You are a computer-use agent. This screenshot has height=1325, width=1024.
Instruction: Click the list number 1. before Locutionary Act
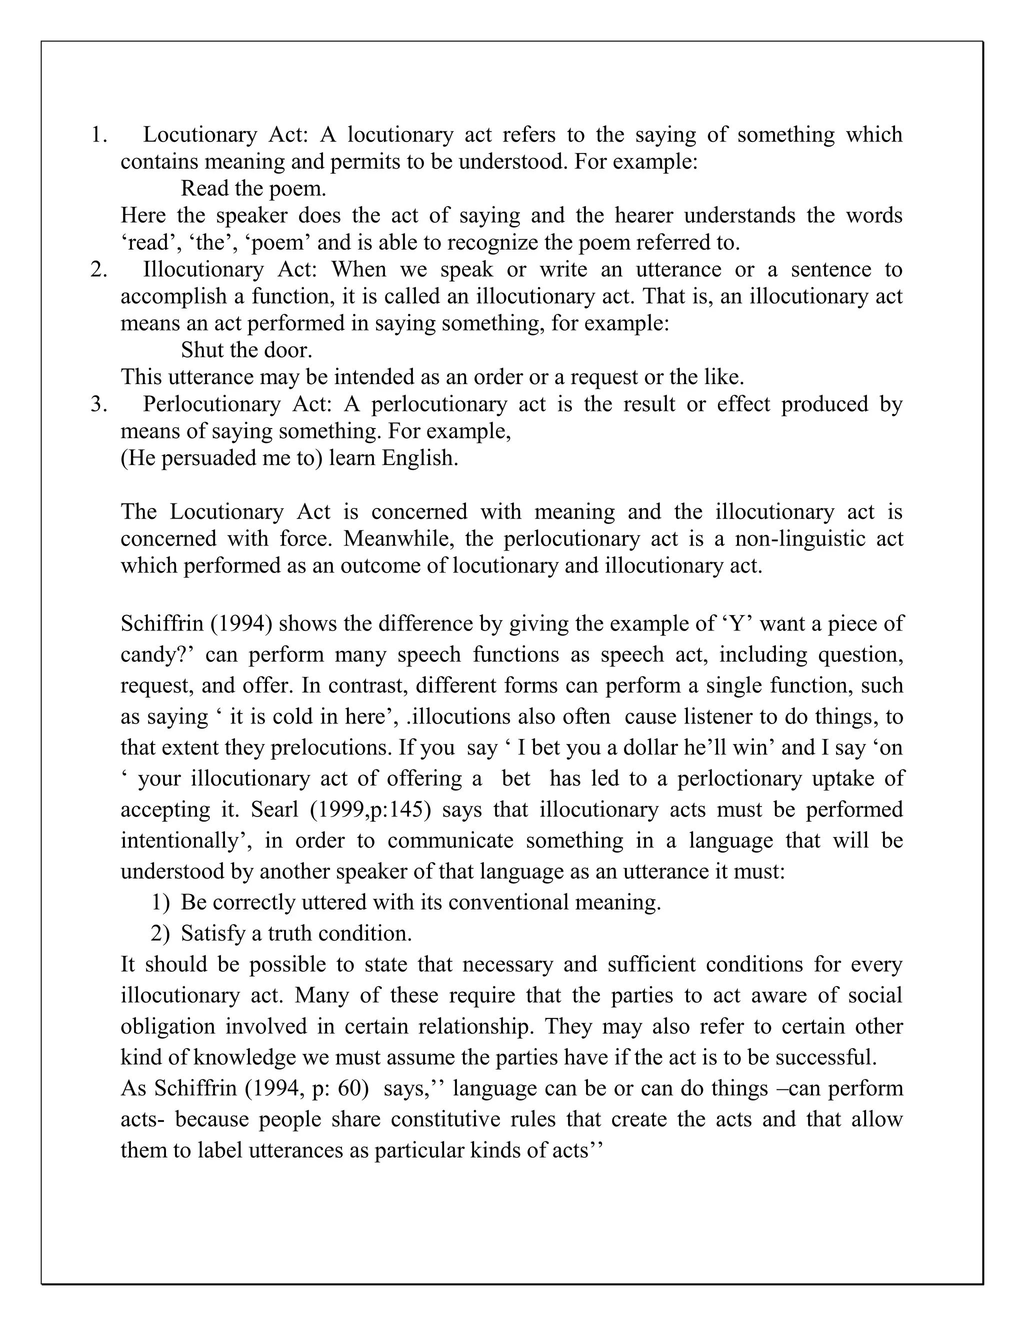point(99,134)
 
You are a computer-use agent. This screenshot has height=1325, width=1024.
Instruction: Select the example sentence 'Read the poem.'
point(253,188)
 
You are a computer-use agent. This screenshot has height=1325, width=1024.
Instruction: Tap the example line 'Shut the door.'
point(246,350)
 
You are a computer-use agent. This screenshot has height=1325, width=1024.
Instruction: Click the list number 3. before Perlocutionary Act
point(99,404)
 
